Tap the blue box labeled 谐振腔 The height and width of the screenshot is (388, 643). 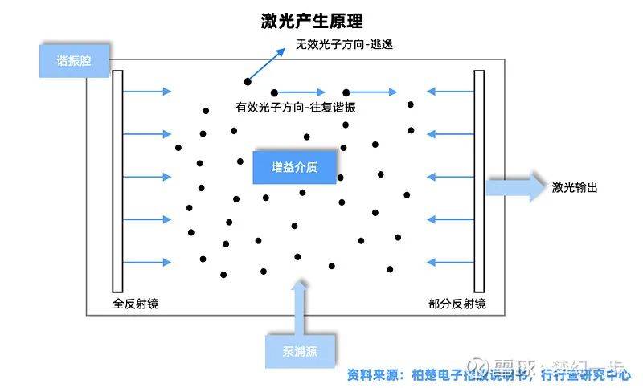pyautogui.click(x=74, y=61)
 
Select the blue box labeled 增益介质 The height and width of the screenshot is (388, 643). pyautogui.click(x=295, y=167)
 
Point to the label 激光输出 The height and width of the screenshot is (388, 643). pyautogui.click(x=575, y=188)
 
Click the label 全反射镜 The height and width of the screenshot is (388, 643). pyautogui.click(x=137, y=304)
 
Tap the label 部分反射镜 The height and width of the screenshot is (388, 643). pyautogui.click(x=457, y=304)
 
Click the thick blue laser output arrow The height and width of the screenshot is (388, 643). pyautogui.click(x=515, y=187)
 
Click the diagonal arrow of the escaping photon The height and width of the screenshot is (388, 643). pyautogui.click(x=267, y=63)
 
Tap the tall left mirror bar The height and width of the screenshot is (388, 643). pyautogui.click(x=117, y=182)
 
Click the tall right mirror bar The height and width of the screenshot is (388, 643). pyautogui.click(x=479, y=182)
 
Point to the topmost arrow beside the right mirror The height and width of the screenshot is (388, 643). pyautogui.click(x=449, y=92)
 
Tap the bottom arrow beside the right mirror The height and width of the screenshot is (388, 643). pyautogui.click(x=449, y=262)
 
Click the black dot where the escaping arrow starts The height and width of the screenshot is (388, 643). pyautogui.click(x=248, y=81)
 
